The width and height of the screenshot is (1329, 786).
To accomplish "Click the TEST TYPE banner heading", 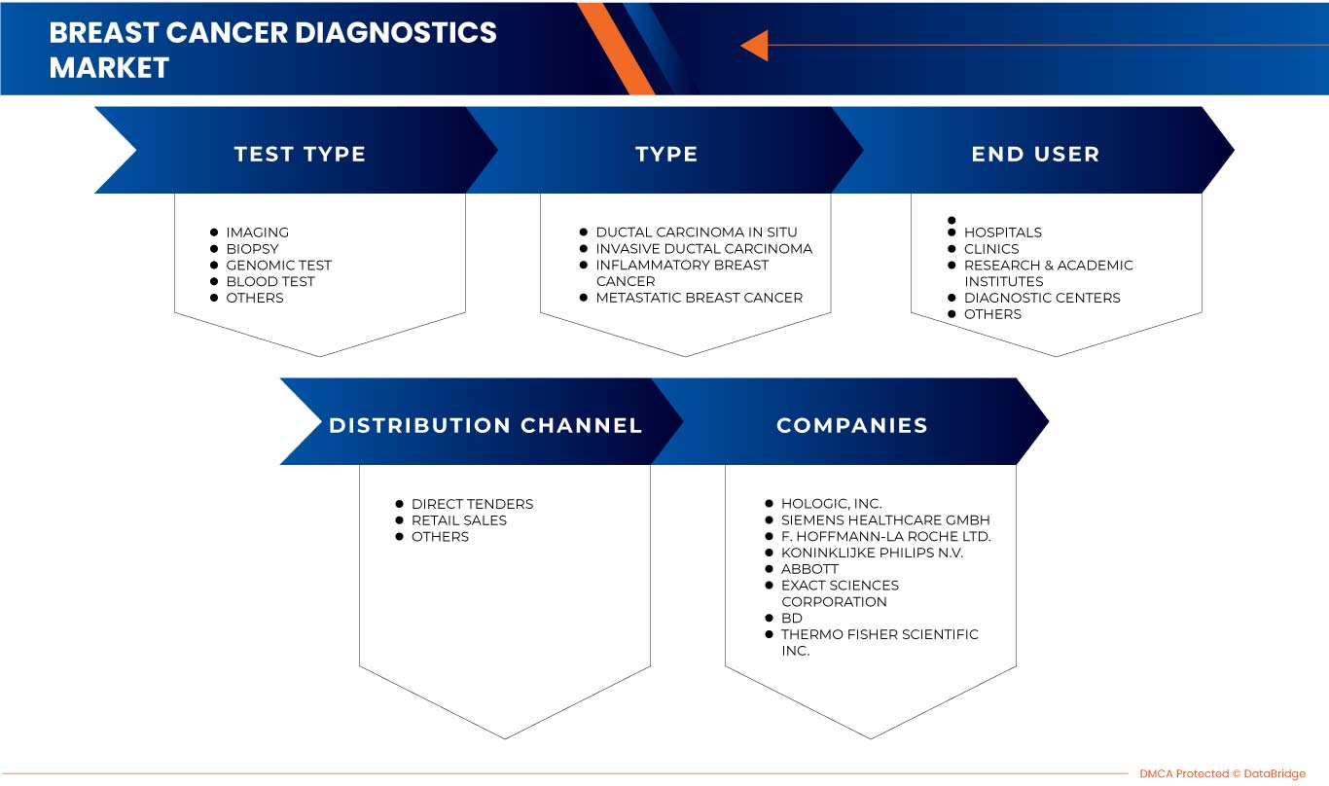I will tap(300, 154).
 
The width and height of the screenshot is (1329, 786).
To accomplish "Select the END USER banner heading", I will tap(1035, 154).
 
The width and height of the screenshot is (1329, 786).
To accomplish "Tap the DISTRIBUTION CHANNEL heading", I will tap(485, 425).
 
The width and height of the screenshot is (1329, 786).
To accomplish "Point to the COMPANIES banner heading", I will tap(851, 425).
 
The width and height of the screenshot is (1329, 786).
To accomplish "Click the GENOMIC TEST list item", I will tap(278, 265).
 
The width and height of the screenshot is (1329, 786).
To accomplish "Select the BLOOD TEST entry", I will tap(270, 281).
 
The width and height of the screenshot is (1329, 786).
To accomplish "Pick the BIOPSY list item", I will tap(252, 249).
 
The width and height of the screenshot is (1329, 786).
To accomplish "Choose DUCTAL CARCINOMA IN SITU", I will tap(696, 232).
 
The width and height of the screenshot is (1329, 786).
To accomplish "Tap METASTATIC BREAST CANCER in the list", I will tap(699, 298).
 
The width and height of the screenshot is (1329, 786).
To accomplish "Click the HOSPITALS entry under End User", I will tap(1002, 232).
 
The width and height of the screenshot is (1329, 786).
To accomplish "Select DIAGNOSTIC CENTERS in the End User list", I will tap(1041, 298).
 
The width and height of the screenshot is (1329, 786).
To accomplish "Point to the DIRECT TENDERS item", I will tap(472, 504).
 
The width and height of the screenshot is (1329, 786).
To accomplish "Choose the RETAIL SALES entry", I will tap(458, 520).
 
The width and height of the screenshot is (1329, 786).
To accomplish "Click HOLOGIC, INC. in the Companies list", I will tap(831, 504).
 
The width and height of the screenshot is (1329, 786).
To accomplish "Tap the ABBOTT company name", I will tap(809, 569).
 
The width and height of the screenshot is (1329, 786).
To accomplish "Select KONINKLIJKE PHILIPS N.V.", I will tap(872, 553).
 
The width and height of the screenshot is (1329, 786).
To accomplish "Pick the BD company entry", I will tap(792, 618).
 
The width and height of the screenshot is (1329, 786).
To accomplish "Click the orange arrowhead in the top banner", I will tap(755, 45).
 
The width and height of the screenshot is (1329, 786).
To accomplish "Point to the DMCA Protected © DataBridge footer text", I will tap(1222, 773).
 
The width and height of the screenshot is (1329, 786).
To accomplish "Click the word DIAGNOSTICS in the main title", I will tap(396, 32).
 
